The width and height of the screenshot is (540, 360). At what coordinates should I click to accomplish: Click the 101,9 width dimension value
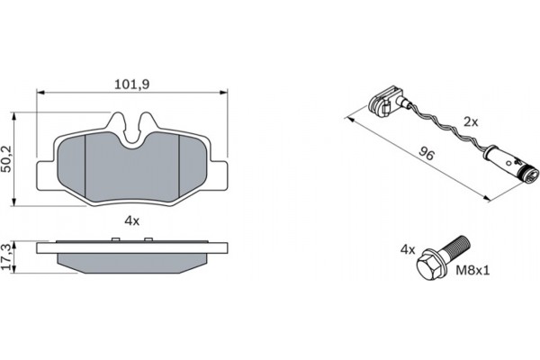click(x=131, y=85)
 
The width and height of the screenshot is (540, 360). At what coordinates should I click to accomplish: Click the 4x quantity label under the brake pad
click(x=131, y=219)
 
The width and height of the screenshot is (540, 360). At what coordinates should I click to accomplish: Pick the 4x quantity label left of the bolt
click(x=407, y=248)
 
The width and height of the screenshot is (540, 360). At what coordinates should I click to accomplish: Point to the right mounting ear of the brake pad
click(x=221, y=176)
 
